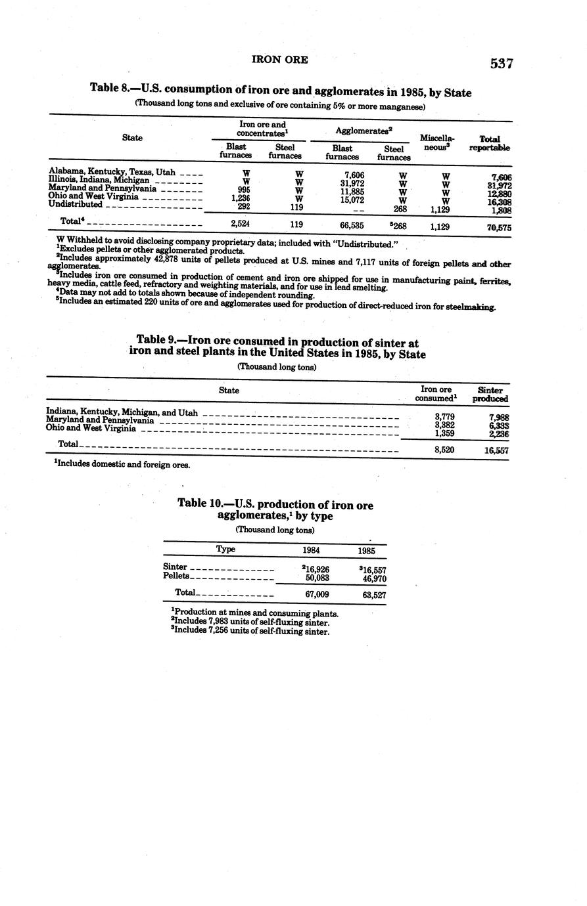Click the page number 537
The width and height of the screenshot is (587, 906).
pyautogui.click(x=501, y=64)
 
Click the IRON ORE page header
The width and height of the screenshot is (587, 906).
pyautogui.click(x=280, y=60)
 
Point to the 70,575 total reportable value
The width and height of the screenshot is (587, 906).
pyautogui.click(x=499, y=228)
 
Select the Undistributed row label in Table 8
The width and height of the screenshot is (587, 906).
pyautogui.click(x=76, y=204)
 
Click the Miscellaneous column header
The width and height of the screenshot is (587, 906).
pyautogui.click(x=436, y=142)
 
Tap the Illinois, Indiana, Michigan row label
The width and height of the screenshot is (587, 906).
pyautogui.click(x=99, y=180)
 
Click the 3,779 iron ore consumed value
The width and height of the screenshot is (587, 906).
pyautogui.click(x=444, y=416)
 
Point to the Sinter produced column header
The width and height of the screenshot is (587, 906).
pyautogui.click(x=490, y=394)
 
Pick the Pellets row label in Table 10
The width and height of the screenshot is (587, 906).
pyautogui.click(x=176, y=576)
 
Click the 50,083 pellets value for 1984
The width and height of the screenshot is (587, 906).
pyautogui.click(x=317, y=578)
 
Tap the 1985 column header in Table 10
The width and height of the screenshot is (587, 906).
pyautogui.click(x=367, y=551)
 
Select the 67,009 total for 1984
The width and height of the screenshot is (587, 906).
pyautogui.click(x=317, y=594)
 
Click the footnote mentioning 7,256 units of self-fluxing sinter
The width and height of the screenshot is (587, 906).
pyautogui.click(x=250, y=632)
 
